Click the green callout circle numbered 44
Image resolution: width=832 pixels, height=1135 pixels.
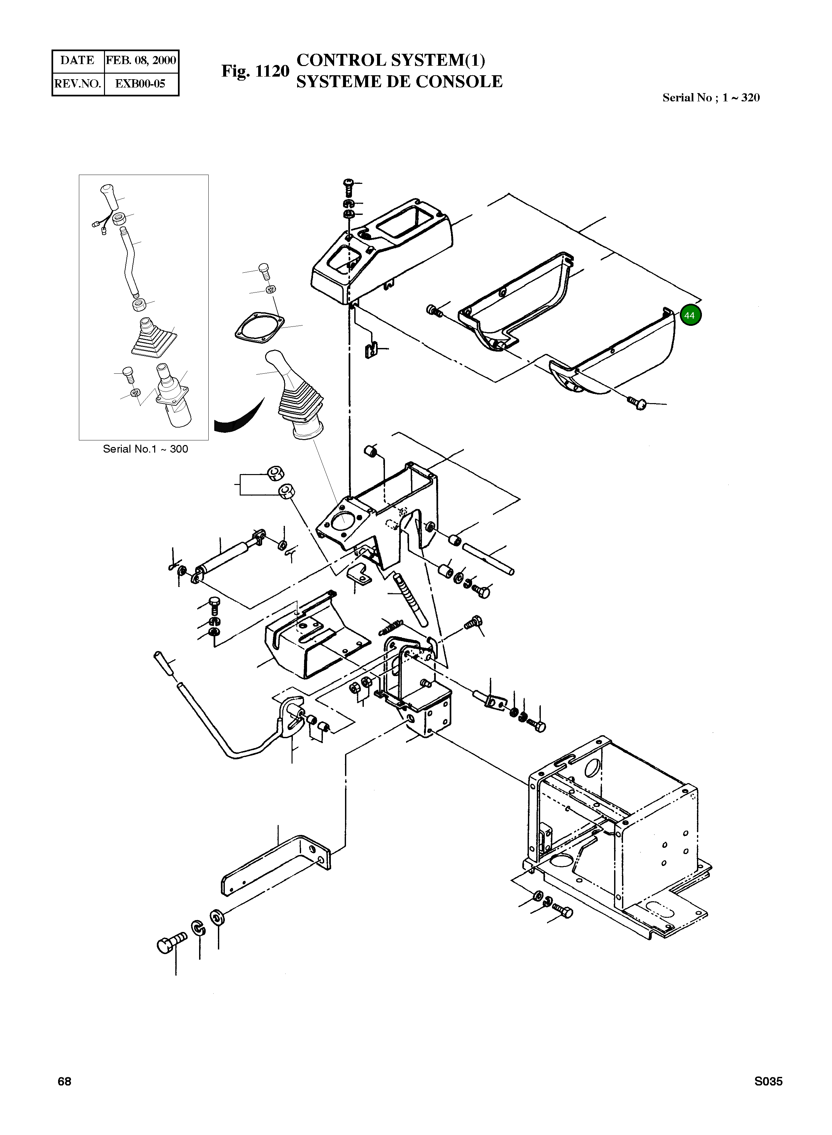(x=690, y=315)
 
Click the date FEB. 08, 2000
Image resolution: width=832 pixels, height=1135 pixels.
(x=141, y=60)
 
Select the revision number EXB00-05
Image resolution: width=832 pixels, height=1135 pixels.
(x=141, y=84)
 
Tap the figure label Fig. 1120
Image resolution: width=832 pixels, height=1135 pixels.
(x=255, y=72)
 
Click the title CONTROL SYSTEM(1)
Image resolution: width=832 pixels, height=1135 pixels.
(x=391, y=60)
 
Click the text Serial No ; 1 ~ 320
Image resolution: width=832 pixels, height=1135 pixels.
(x=711, y=98)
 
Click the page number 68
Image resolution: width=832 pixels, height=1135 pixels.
(x=64, y=1082)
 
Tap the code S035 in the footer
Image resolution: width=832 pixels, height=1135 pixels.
(x=768, y=1082)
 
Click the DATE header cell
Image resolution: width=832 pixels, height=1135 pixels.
(x=78, y=60)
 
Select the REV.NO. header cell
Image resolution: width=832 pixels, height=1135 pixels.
(x=78, y=84)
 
